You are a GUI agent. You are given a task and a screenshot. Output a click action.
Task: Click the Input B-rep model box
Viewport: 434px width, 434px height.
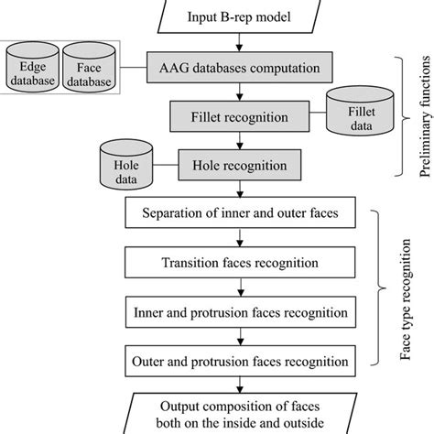pyautogui.click(x=239, y=16)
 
